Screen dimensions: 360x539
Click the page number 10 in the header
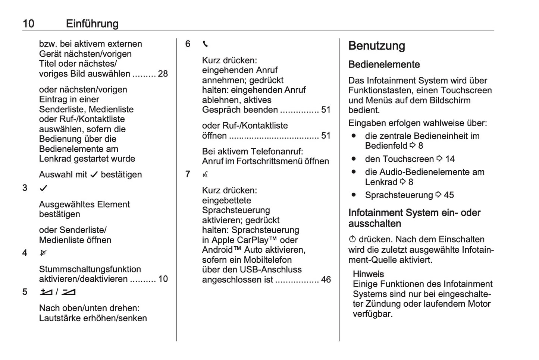point(28,23)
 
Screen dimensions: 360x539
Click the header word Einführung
point(92,23)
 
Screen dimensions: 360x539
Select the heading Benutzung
point(376,46)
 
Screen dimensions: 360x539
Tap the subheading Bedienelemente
point(384,64)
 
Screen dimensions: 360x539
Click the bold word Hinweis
point(368,274)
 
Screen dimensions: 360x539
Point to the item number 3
point(25,188)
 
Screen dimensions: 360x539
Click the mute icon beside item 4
point(43,253)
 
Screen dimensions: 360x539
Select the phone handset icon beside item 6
point(205,44)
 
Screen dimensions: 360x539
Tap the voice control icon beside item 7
point(205,174)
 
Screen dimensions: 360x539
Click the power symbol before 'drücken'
point(352,239)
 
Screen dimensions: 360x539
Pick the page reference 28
point(163,74)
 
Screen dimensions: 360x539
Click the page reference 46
point(326,280)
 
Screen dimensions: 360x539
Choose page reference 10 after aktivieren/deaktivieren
point(163,279)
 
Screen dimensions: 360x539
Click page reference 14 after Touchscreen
point(450,159)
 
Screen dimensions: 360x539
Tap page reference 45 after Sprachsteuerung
point(449,195)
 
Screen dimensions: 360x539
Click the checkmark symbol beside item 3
point(44,188)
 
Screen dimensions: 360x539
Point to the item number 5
point(25,292)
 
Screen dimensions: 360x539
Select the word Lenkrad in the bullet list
point(381,182)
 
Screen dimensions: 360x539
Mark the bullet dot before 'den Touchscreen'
point(354,159)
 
